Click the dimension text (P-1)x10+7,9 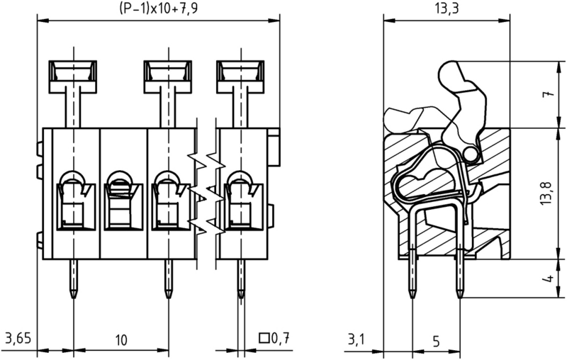pyautogui.click(x=158, y=7)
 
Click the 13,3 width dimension pyautogui.click(x=447, y=8)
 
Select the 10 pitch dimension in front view pyautogui.click(x=121, y=339)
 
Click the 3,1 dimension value pyautogui.click(x=357, y=339)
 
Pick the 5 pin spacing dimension pyautogui.click(x=436, y=341)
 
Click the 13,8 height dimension pyautogui.click(x=548, y=193)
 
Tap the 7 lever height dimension pyautogui.click(x=549, y=94)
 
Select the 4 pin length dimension pyautogui.click(x=549, y=279)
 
